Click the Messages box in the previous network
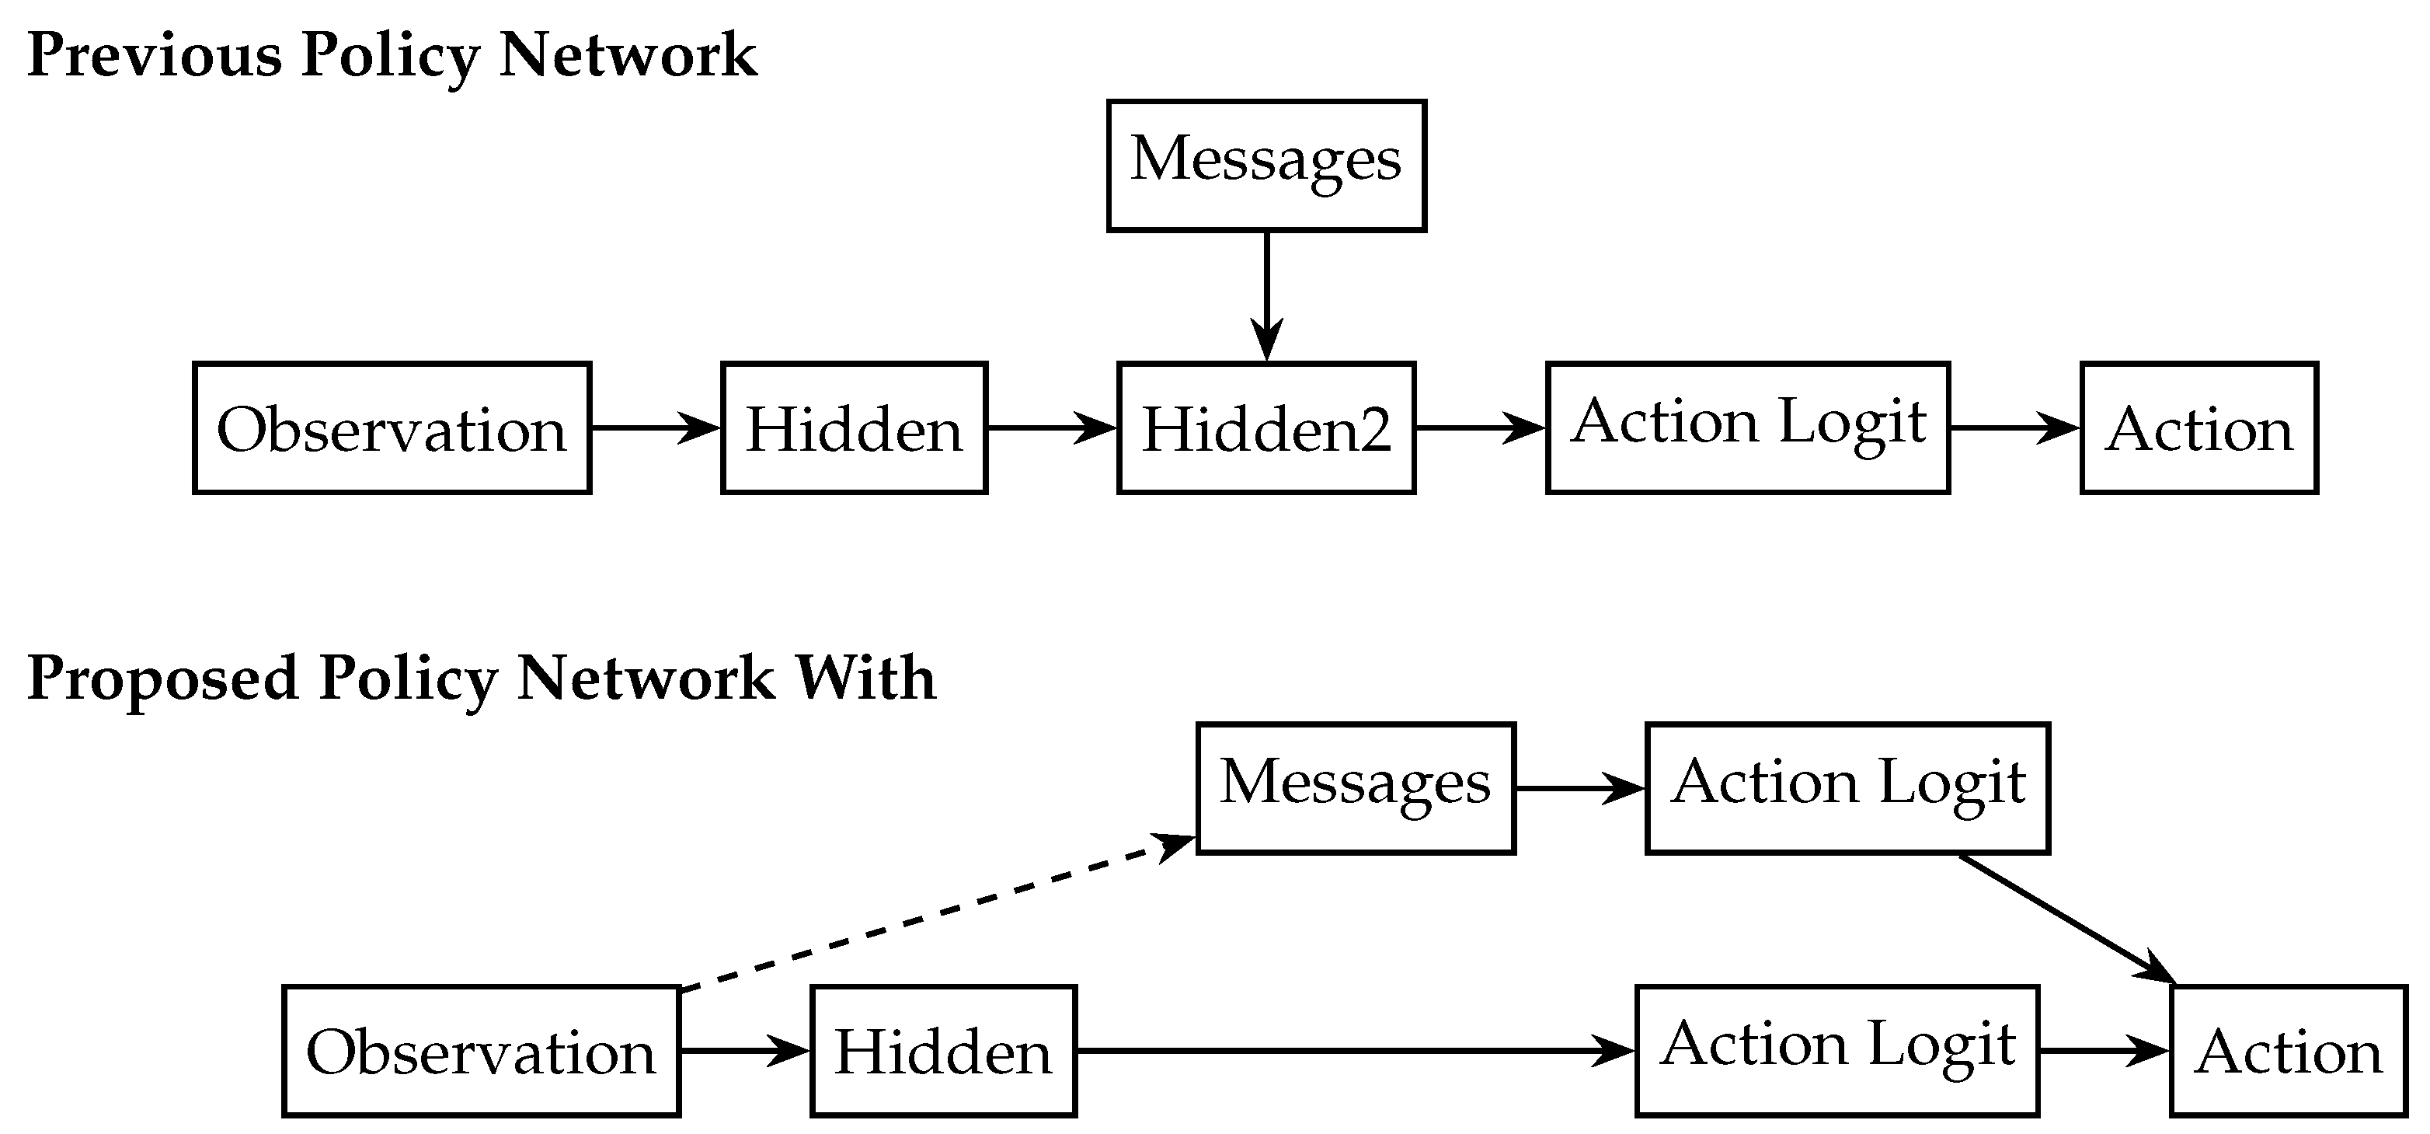pyautogui.click(x=1266, y=165)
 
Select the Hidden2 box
pyautogui.click(x=1266, y=427)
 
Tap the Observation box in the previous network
pyautogui.click(x=392, y=427)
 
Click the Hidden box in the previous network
pyautogui.click(x=854, y=427)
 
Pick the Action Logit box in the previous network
pyautogui.click(x=1748, y=427)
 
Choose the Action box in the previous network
pyautogui.click(x=2198, y=427)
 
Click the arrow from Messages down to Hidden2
pyautogui.click(x=1266, y=292)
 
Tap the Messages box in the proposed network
pyautogui.click(x=1356, y=788)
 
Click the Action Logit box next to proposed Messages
pyautogui.click(x=1848, y=788)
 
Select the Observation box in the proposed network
pyautogui.click(x=481, y=1051)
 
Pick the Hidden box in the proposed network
pyautogui.click(x=943, y=1051)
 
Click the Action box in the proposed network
pyautogui.click(x=2289, y=1051)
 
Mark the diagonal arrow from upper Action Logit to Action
pyautogui.click(x=2066, y=919)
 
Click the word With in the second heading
pyautogui.click(x=865, y=679)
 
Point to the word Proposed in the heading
pyautogui.click(x=162, y=679)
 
